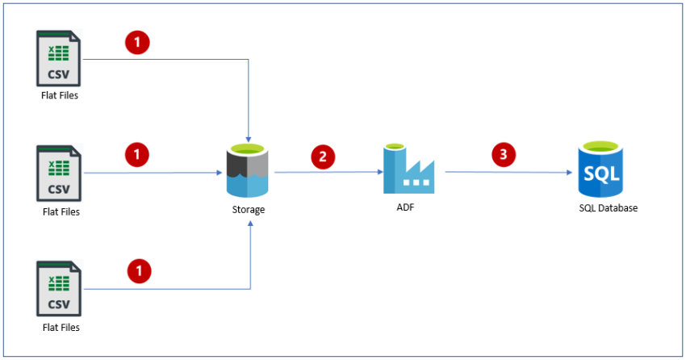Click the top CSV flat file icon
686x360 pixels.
[x=59, y=58]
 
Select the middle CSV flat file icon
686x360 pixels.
[x=59, y=173]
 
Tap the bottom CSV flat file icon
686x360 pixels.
[x=59, y=288]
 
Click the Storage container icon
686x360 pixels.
[x=249, y=170]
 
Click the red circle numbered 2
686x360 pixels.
[x=323, y=157]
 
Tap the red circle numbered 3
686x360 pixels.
[x=504, y=157]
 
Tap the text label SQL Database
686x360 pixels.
[x=608, y=208]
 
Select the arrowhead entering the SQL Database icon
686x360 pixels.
[x=571, y=172]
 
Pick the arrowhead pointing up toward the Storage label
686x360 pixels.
[x=250, y=224]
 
